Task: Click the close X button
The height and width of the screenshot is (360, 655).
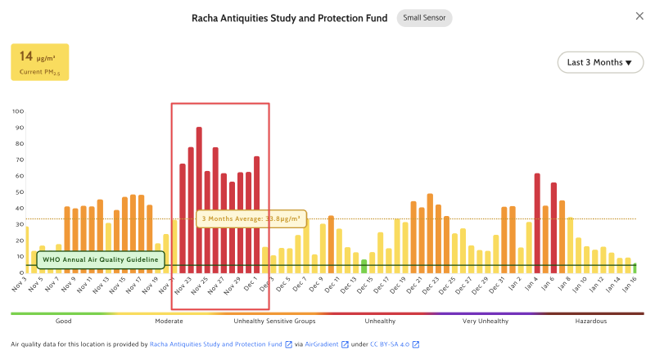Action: coord(639,16)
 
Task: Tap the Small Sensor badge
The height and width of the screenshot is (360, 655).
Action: coord(424,18)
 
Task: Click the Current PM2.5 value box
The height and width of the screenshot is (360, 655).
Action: coord(39,62)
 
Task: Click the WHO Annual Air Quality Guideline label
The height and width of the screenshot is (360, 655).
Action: coord(101,259)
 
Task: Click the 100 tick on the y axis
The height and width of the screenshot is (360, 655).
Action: coord(18,111)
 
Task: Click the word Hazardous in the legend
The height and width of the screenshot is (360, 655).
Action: coord(589,322)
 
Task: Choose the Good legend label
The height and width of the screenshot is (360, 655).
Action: coord(63,322)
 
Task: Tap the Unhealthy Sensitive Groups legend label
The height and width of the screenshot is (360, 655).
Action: coord(273,322)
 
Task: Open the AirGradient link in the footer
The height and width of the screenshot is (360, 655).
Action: coord(323,345)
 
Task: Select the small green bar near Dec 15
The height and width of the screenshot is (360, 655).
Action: coord(364,266)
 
